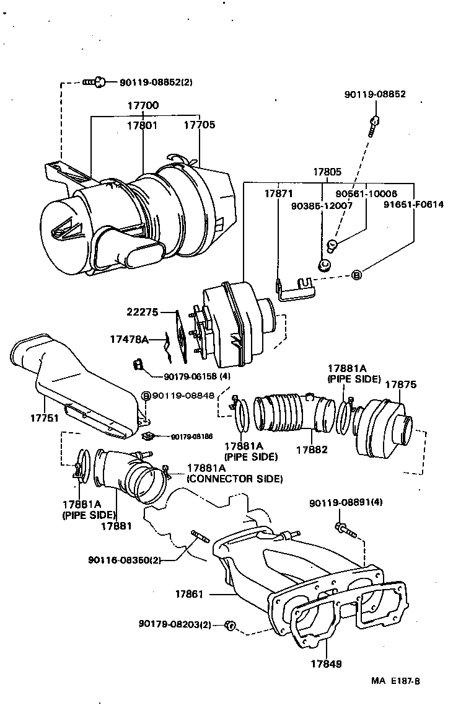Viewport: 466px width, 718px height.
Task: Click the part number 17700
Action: [143, 106]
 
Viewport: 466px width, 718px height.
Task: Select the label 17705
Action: [200, 125]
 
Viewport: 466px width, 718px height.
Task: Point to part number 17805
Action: [327, 172]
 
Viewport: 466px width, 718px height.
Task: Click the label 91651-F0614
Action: [413, 204]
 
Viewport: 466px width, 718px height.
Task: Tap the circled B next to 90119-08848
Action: [146, 396]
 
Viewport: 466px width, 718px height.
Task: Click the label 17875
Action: [400, 384]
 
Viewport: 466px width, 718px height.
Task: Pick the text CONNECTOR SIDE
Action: [235, 479]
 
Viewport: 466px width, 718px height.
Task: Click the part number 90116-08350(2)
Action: [125, 560]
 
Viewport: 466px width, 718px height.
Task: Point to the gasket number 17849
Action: [326, 663]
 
